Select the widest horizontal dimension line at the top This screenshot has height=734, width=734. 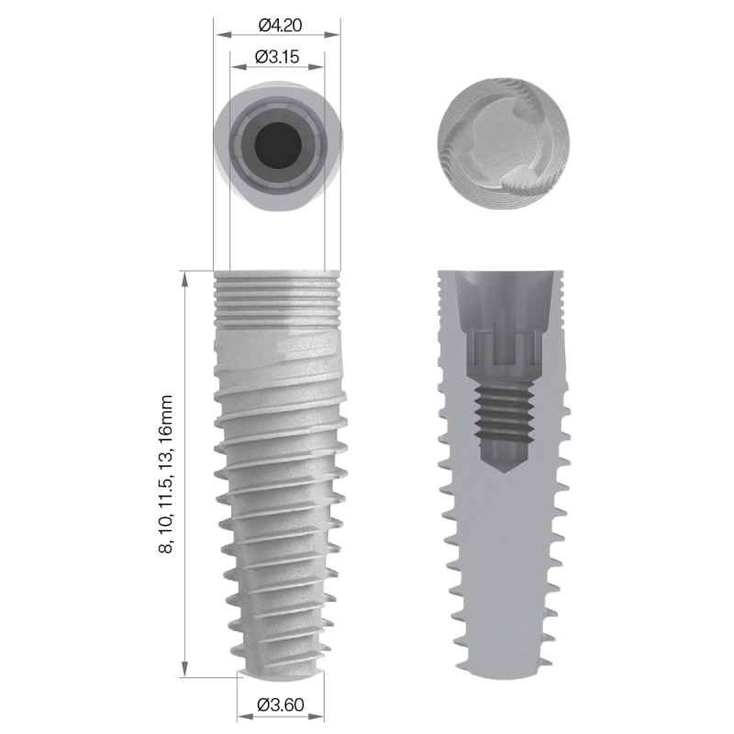[x=277, y=34]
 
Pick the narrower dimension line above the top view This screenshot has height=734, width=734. [x=277, y=66]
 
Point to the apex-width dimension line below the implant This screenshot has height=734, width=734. [x=281, y=717]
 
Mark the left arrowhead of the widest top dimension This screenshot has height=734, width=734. [x=218, y=34]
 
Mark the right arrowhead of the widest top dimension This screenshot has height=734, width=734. [x=337, y=34]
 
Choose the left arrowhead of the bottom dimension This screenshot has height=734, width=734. [x=241, y=717]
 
